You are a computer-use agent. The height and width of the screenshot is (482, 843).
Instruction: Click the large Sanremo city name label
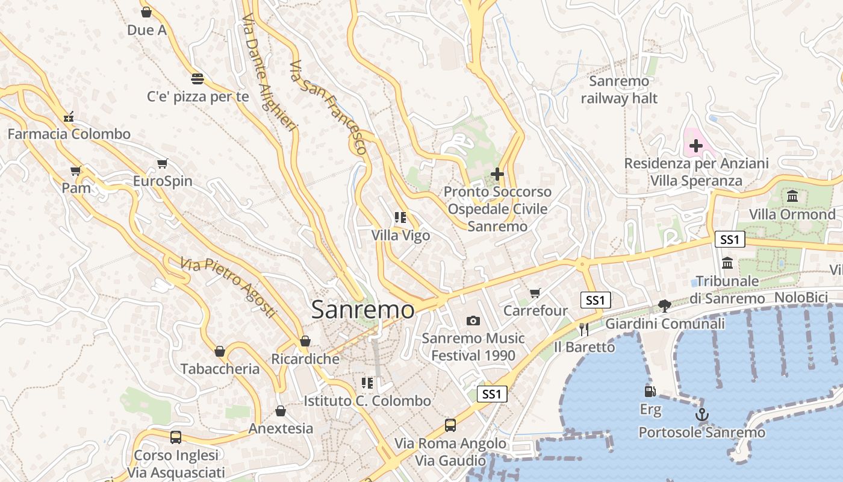pyautogui.click(x=362, y=310)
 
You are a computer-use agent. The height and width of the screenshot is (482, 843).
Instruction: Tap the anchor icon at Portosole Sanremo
pyautogui.click(x=701, y=415)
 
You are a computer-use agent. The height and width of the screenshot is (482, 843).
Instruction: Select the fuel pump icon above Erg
pyautogui.click(x=650, y=392)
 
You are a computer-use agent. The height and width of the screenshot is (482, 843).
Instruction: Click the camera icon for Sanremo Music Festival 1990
pyautogui.click(x=473, y=321)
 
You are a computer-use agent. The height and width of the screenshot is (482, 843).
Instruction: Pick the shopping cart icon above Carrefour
pyautogui.click(x=535, y=293)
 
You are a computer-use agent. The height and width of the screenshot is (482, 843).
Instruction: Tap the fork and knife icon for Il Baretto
pyautogui.click(x=583, y=329)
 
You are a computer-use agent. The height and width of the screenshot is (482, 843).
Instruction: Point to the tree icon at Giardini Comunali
pyautogui.click(x=665, y=306)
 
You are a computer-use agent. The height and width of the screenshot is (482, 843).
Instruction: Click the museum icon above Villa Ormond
pyautogui.click(x=792, y=196)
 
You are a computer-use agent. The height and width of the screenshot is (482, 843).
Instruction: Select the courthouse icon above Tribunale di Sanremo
pyautogui.click(x=727, y=263)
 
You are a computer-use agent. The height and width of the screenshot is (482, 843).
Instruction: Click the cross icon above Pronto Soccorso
pyautogui.click(x=497, y=174)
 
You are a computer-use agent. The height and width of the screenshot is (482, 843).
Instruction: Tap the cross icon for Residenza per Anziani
pyautogui.click(x=696, y=145)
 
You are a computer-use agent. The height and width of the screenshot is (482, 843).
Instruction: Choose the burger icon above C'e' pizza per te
pyautogui.click(x=198, y=78)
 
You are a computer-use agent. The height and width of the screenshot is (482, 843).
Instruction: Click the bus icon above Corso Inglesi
pyautogui.click(x=176, y=437)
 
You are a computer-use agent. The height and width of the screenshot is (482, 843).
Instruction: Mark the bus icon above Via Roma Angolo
pyautogui.click(x=450, y=425)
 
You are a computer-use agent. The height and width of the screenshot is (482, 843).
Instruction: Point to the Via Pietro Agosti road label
pyautogui.click(x=228, y=287)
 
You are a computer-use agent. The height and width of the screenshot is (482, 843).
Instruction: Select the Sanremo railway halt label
pyautogui.click(x=619, y=90)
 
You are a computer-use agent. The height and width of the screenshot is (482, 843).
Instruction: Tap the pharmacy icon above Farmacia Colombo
pyautogui.click(x=69, y=116)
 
